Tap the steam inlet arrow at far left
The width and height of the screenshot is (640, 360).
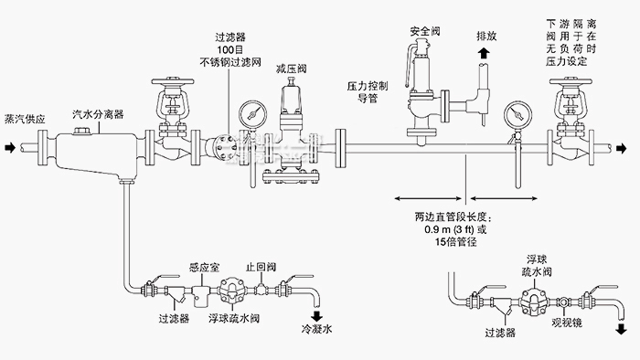click(8, 146)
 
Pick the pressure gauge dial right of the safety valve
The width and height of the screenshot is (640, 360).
click(511, 116)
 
